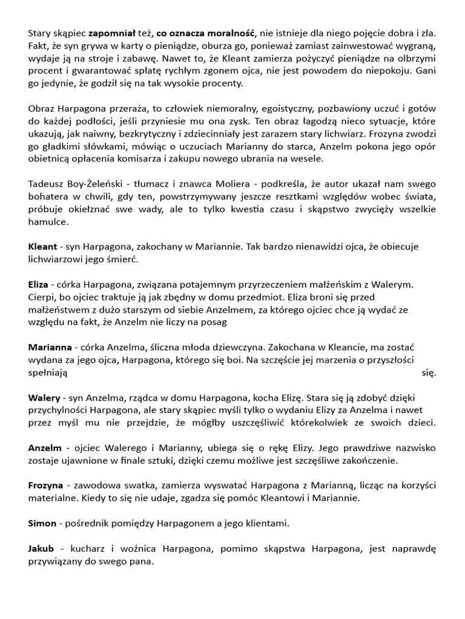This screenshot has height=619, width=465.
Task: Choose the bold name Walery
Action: [x=44, y=398]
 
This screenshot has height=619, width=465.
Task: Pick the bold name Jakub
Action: [x=41, y=548]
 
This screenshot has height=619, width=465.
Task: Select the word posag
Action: [x=214, y=322]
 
